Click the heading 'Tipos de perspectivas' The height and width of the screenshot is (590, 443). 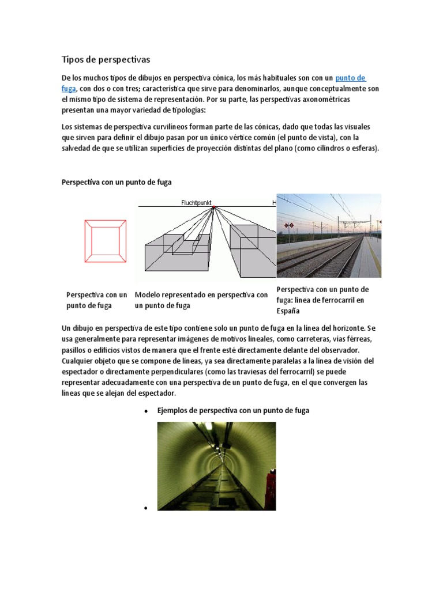106,59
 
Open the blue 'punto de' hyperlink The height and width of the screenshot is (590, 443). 351,78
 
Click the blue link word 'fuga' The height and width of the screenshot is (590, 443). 68,89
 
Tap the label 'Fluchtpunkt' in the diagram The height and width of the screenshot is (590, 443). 197,203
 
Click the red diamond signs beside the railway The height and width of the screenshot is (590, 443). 290,225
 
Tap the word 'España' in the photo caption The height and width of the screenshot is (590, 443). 288,311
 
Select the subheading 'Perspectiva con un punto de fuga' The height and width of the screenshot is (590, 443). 117,182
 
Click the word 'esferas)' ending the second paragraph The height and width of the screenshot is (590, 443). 365,148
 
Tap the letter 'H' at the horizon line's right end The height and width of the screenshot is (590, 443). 275,203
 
